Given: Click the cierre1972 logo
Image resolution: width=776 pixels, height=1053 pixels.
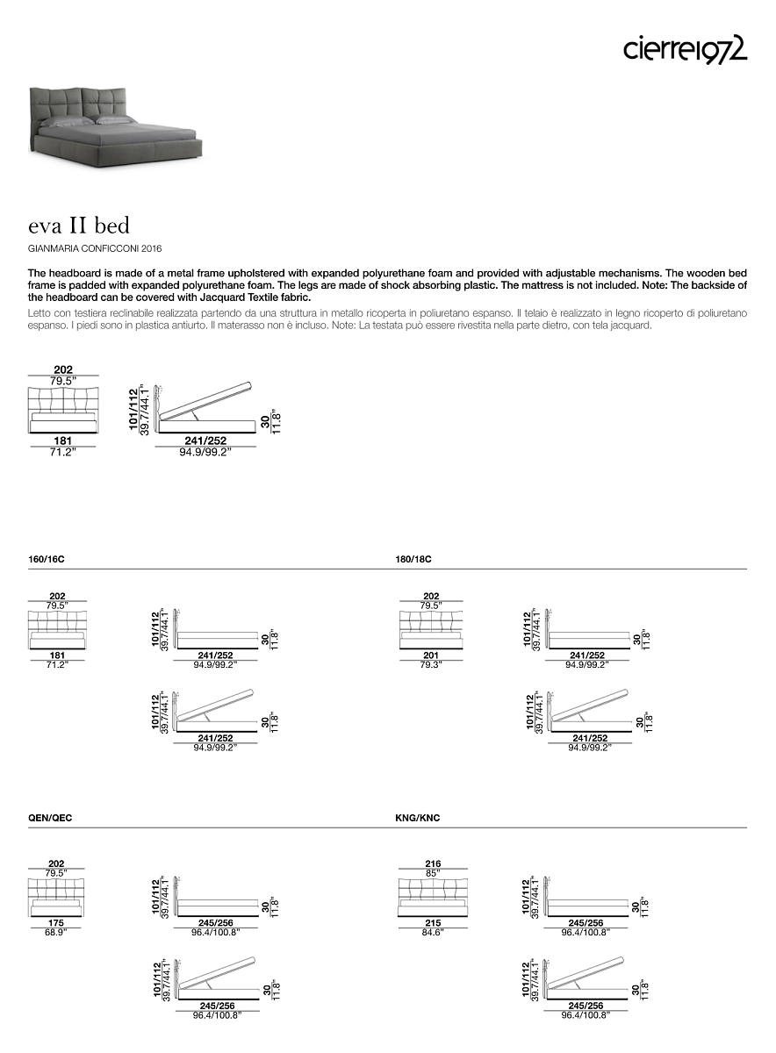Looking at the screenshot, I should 685,49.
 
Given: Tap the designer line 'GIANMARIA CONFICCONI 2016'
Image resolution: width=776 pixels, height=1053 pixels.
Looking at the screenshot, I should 95,249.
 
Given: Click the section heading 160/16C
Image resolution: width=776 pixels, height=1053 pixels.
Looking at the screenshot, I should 47,559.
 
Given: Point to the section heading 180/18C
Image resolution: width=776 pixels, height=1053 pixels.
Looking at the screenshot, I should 414,559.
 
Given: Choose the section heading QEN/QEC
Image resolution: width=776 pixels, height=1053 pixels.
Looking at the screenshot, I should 50,818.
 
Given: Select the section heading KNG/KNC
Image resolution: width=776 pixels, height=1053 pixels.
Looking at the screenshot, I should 418,818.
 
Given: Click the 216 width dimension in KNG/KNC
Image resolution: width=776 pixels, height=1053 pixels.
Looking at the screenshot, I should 431,863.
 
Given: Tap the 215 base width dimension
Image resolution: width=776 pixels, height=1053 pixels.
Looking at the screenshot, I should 431,923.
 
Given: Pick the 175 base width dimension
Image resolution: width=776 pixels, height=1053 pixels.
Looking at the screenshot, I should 57,923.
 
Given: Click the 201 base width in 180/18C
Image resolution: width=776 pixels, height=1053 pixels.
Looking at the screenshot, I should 431,655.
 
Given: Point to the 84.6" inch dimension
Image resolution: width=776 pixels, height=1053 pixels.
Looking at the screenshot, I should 431,932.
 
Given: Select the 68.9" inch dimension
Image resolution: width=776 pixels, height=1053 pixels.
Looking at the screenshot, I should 57,932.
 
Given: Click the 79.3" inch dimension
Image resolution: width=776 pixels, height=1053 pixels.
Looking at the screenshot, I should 431,664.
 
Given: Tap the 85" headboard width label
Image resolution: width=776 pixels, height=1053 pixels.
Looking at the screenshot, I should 431,873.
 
